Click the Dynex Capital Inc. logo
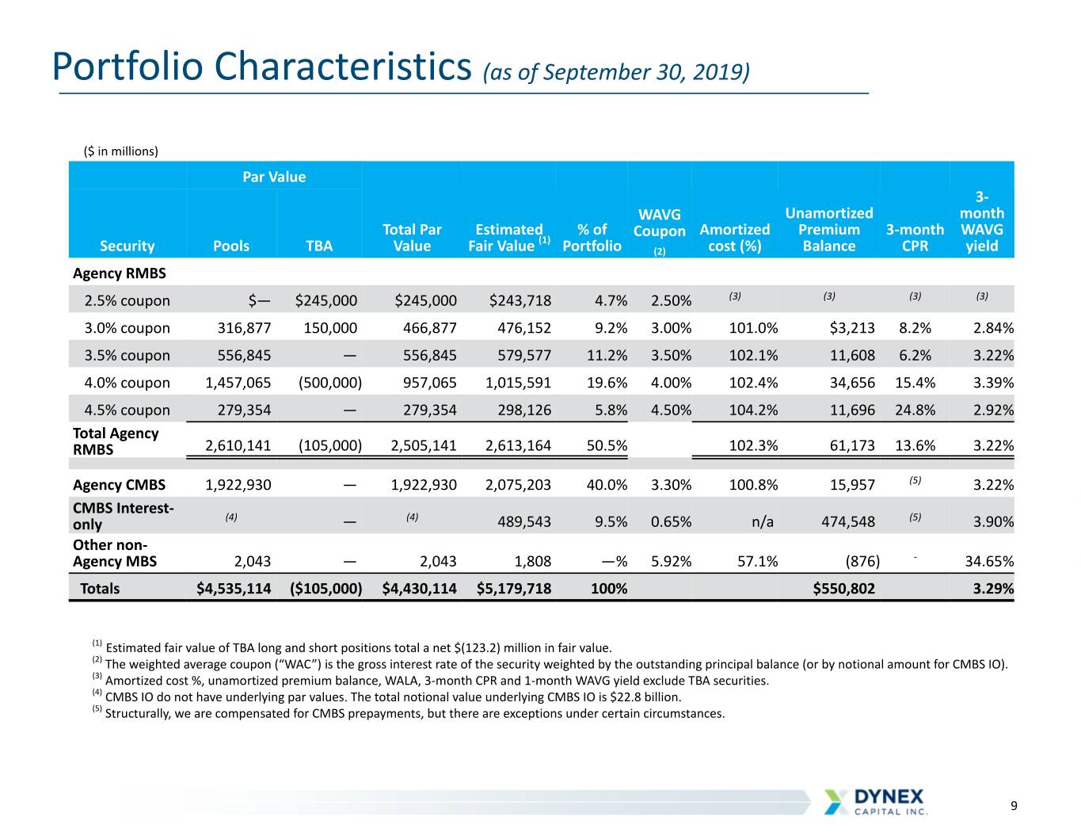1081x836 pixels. [876, 802]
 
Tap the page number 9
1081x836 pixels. [1014, 806]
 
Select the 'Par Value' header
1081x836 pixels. [274, 177]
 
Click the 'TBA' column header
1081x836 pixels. [319, 246]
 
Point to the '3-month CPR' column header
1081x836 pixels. [915, 238]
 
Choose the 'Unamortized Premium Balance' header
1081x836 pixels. [829, 229]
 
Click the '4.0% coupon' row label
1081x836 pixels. [127, 383]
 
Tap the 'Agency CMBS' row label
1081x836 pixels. [119, 485]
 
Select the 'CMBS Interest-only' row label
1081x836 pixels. [123, 516]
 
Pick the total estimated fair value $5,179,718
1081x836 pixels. [514, 589]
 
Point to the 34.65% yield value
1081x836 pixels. [989, 561]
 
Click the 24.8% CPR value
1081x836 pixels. [915, 410]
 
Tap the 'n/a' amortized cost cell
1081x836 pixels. [762, 521]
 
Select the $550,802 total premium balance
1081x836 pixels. [843, 589]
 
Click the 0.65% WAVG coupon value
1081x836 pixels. [671, 521]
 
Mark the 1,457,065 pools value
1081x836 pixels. [238, 383]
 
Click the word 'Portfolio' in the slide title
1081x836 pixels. [128, 67]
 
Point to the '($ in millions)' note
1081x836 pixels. [121, 151]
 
